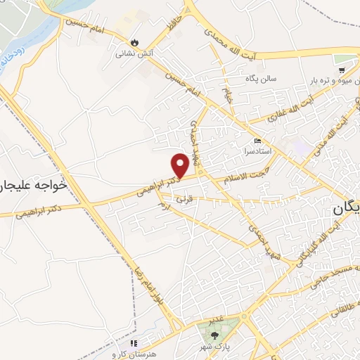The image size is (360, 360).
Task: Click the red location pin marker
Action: click(181, 165)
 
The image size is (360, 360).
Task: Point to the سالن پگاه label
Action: click(262, 79)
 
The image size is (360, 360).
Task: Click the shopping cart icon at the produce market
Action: click(342, 70)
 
